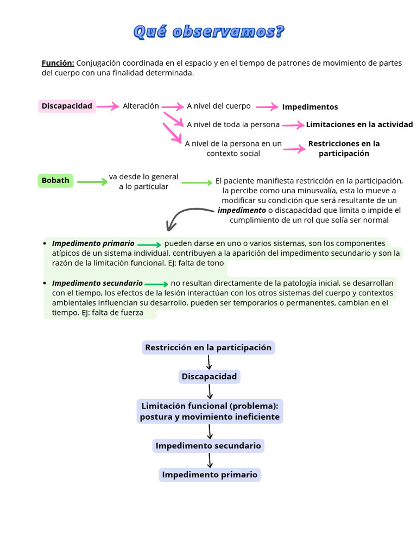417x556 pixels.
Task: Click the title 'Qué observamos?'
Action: click(208, 32)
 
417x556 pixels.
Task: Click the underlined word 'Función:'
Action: click(58, 63)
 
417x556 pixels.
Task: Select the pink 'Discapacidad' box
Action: click(67, 106)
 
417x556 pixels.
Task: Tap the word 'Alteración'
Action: click(141, 106)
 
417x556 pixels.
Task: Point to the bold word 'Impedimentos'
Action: click(309, 107)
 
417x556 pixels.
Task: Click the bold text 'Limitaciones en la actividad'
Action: click(359, 124)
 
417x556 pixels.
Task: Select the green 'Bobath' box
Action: click(55, 180)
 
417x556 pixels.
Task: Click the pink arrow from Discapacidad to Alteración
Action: click(108, 106)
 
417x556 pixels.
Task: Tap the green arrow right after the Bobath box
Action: click(92, 182)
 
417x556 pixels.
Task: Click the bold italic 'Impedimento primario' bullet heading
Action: click(93, 243)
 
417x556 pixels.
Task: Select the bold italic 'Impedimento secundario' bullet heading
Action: click(97, 283)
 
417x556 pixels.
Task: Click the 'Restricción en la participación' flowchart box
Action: click(208, 347)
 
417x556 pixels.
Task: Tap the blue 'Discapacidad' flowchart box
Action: click(209, 376)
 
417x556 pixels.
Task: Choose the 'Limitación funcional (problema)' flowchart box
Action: click(210, 412)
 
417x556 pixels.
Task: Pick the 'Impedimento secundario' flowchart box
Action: click(208, 446)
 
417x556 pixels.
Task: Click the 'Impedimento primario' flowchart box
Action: click(210, 475)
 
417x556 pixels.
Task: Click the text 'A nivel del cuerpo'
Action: click(219, 106)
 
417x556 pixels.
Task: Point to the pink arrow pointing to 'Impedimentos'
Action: click(267, 107)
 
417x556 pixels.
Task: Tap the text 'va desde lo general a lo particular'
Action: click(143, 181)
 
